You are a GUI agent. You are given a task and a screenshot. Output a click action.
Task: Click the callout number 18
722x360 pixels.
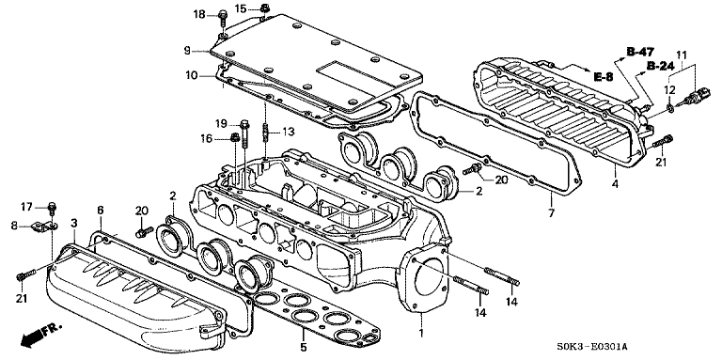pyautogui.click(x=199, y=15)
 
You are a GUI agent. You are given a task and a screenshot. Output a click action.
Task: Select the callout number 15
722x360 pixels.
pyautogui.click(x=241, y=8)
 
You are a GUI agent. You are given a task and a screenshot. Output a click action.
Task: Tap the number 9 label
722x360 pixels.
pyautogui.click(x=187, y=51)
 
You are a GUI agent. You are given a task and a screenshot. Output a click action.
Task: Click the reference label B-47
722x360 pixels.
pyautogui.click(x=640, y=51)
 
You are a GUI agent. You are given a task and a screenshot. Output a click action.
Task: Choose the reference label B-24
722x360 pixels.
pyautogui.click(x=661, y=67)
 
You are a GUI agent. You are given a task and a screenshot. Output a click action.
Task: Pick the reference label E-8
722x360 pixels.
pyautogui.click(x=604, y=77)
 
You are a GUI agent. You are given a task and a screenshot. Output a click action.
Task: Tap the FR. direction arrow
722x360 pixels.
pyautogui.click(x=40, y=335)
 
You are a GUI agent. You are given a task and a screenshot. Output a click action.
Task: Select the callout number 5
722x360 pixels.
pyautogui.click(x=303, y=348)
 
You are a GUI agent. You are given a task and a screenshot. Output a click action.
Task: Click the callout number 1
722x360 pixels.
pyautogui.click(x=420, y=332)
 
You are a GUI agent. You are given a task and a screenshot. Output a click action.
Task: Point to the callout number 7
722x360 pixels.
pyautogui.click(x=552, y=212)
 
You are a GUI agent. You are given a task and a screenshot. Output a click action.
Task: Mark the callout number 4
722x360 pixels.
pyautogui.click(x=615, y=184)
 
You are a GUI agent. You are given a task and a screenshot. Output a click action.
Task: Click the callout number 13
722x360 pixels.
pyautogui.click(x=289, y=133)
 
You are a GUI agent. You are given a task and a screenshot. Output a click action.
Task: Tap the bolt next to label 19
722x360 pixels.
pyautogui.click(x=244, y=134)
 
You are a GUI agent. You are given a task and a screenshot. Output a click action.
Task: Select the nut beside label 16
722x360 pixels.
pyautogui.click(x=234, y=137)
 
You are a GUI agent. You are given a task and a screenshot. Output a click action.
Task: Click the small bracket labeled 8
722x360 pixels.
pyautogui.click(x=43, y=227)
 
